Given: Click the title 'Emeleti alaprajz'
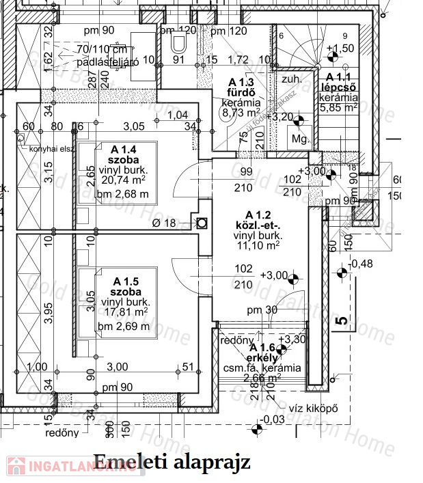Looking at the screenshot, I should (172, 462).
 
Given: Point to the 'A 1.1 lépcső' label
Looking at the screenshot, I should (338, 82).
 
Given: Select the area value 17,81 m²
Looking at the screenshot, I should (124, 313).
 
